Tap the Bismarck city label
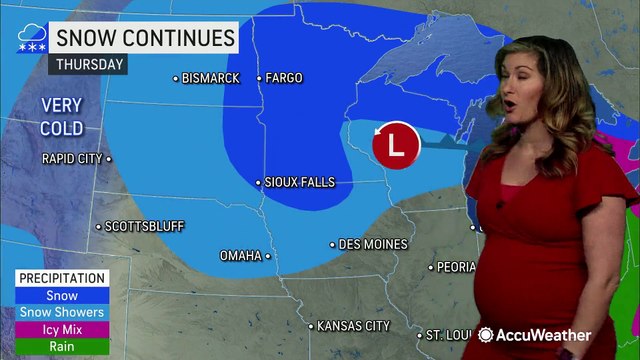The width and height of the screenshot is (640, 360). click(211, 78)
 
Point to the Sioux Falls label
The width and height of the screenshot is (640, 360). click(299, 182)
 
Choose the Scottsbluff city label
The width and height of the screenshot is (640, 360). click(144, 226)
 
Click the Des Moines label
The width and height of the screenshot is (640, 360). click(373, 244)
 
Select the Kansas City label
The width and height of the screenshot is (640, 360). click(353, 326)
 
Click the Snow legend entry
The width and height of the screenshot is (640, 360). click(62, 296)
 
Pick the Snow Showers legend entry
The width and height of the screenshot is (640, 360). click(62, 312)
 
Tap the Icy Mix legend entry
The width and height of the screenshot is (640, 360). click(62, 329)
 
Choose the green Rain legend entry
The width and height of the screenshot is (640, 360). click(62, 346)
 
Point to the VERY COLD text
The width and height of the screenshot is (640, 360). click(62, 116)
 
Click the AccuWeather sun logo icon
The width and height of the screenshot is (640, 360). click(488, 335)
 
